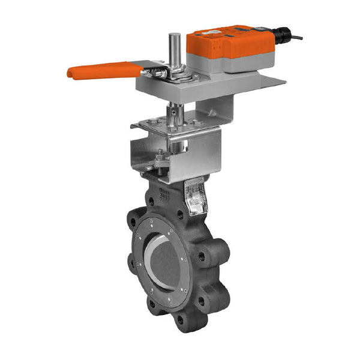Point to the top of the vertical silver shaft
point(174,37)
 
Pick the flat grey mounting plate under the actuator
point(198,88)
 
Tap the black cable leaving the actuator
point(295,38)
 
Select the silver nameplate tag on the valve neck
point(196,197)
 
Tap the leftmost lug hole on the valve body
point(131,262)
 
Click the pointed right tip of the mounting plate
point(282,79)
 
